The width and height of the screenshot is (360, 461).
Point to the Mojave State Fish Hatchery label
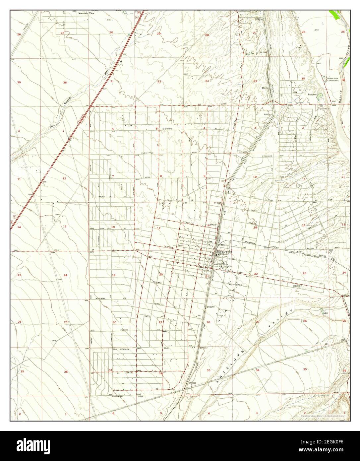pyautogui.click(x=333, y=80)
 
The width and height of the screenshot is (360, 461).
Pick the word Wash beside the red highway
pyautogui.click(x=106, y=71)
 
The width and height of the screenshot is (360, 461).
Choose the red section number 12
pyautogui.click(x=64, y=178)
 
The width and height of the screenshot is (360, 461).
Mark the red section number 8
pyautogui.click(x=161, y=176)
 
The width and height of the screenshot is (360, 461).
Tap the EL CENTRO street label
pyautogui.click(x=123, y=373)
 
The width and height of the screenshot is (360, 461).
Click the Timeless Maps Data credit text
pyautogui.click(x=323, y=416)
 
